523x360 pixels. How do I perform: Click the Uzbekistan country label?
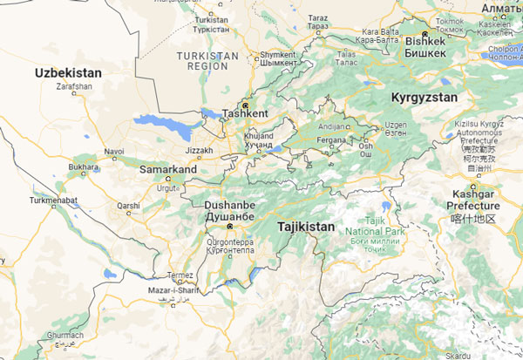click(x=68, y=72)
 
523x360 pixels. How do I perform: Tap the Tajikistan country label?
click(x=305, y=227)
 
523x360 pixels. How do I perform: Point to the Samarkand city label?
click(x=168, y=168)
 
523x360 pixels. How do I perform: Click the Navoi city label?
click(x=114, y=151)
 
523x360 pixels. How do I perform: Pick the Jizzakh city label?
click(x=199, y=151)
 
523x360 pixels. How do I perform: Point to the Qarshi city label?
click(x=129, y=207)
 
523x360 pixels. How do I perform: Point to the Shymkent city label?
click(x=278, y=54)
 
